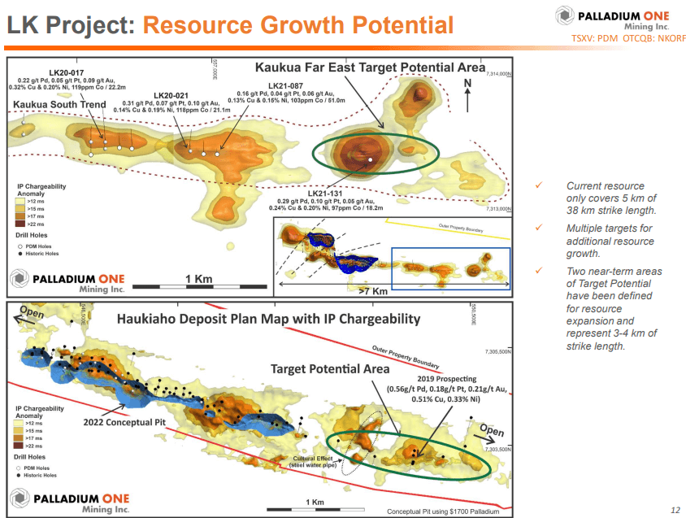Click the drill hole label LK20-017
point(66,72)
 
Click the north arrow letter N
point(467,84)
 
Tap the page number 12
point(675,510)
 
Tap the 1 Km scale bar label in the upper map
point(198,279)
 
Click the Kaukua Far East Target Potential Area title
point(370,67)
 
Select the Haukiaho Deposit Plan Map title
point(267,319)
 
